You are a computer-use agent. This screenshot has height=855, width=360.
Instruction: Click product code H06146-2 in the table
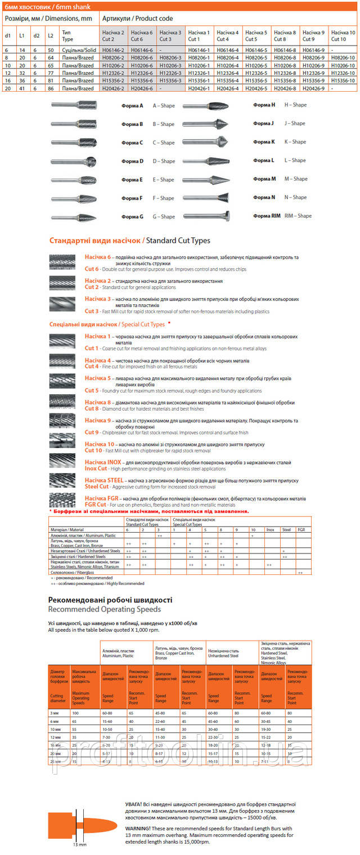(x=114, y=50)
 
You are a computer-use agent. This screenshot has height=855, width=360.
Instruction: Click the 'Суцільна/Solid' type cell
(x=78, y=50)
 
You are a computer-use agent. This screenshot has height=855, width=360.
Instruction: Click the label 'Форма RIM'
(x=267, y=216)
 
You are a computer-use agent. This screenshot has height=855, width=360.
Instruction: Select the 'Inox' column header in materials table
(x=270, y=530)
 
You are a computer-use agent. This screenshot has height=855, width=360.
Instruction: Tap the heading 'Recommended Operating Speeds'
(x=104, y=609)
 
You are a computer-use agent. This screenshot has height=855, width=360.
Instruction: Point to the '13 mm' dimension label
(x=80, y=845)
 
